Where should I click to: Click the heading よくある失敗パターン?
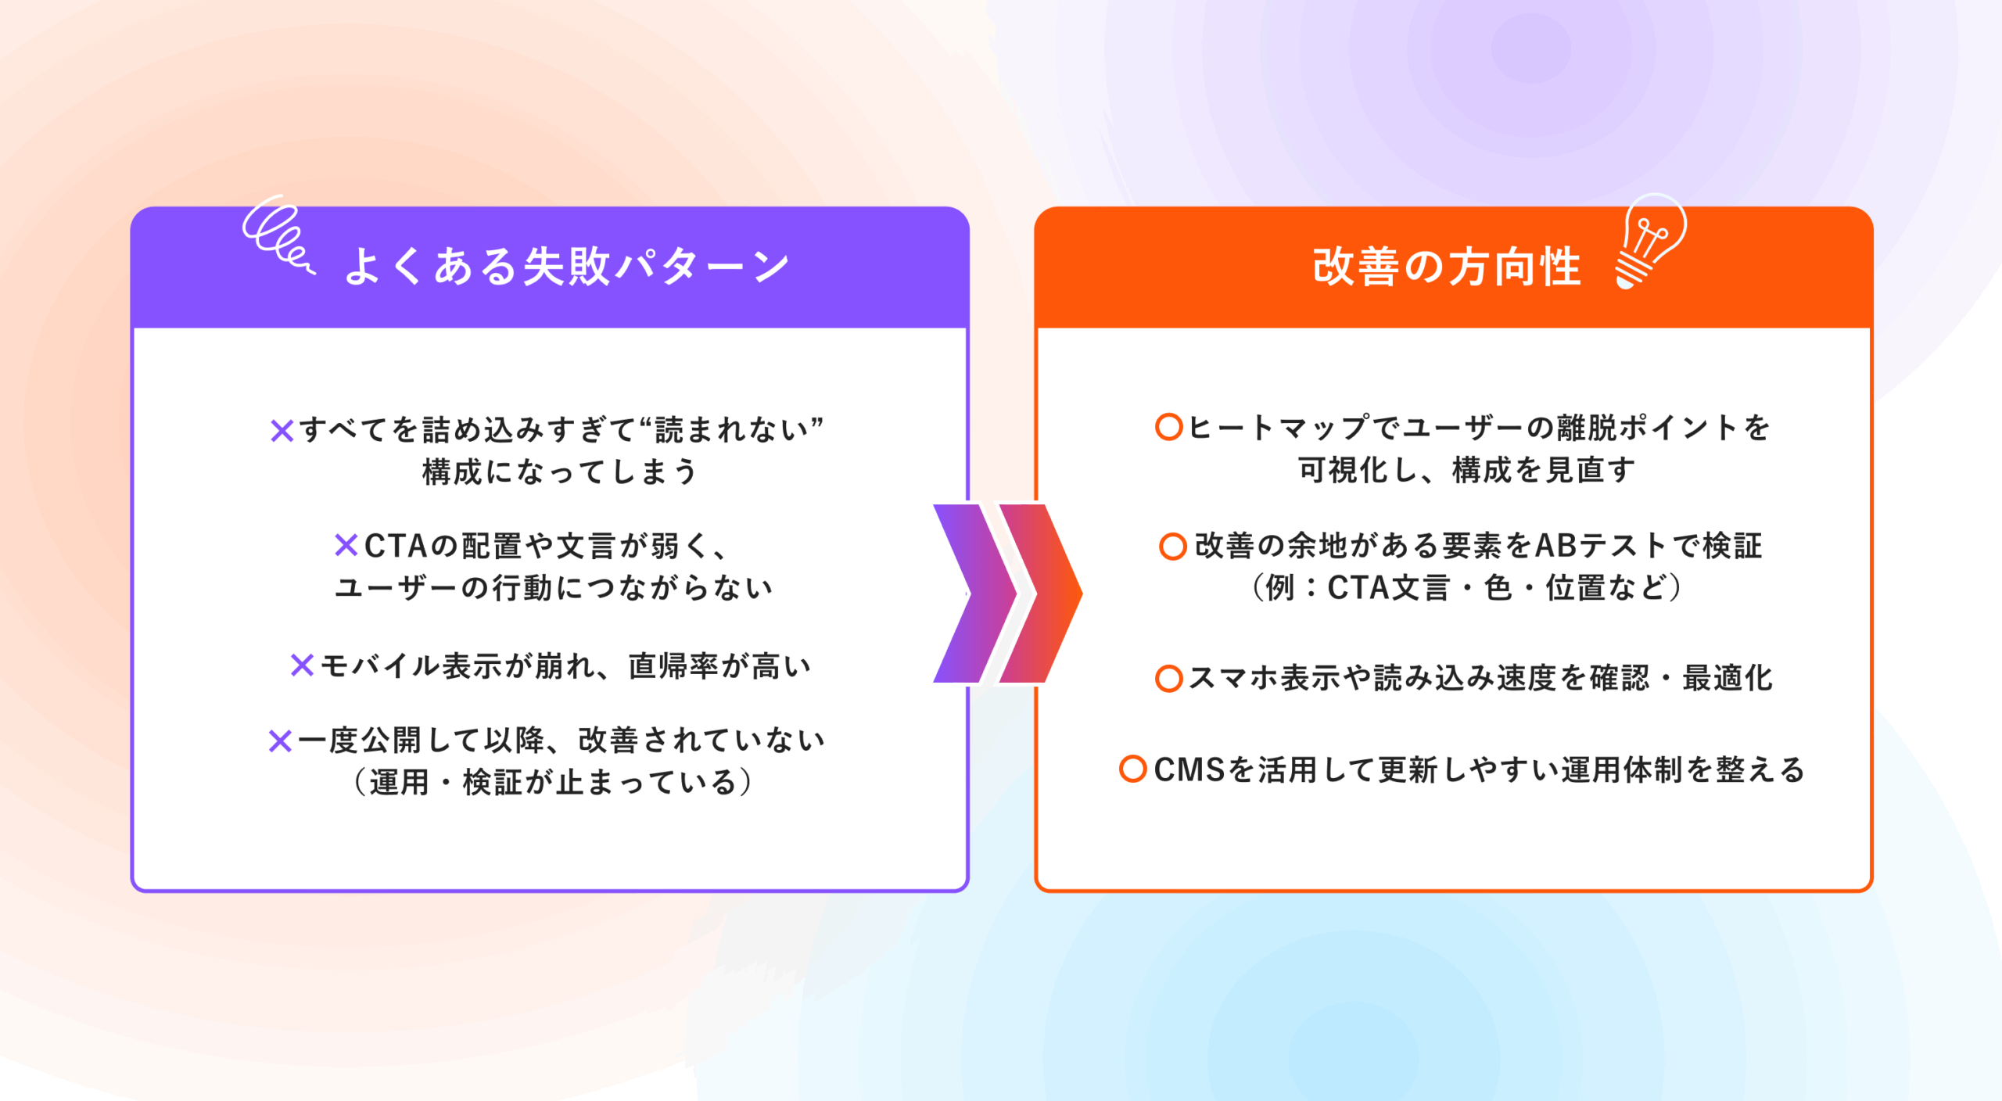(x=567, y=266)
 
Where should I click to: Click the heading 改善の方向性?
(x=1447, y=266)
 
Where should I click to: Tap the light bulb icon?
(x=1649, y=241)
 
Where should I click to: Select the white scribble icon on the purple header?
(x=278, y=235)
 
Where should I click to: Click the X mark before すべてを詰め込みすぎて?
(x=282, y=430)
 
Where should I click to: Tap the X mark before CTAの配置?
(x=346, y=545)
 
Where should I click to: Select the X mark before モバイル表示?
(x=302, y=665)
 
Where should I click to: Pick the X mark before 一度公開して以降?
(x=280, y=741)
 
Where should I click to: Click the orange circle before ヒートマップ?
(x=1168, y=427)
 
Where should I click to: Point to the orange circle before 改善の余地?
(x=1172, y=546)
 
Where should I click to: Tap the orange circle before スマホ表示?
(x=1168, y=678)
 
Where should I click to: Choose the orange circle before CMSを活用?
(x=1132, y=769)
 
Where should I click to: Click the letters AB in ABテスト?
(x=1557, y=546)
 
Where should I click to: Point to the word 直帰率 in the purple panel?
(x=673, y=666)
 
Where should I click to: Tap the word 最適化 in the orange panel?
(x=1728, y=678)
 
